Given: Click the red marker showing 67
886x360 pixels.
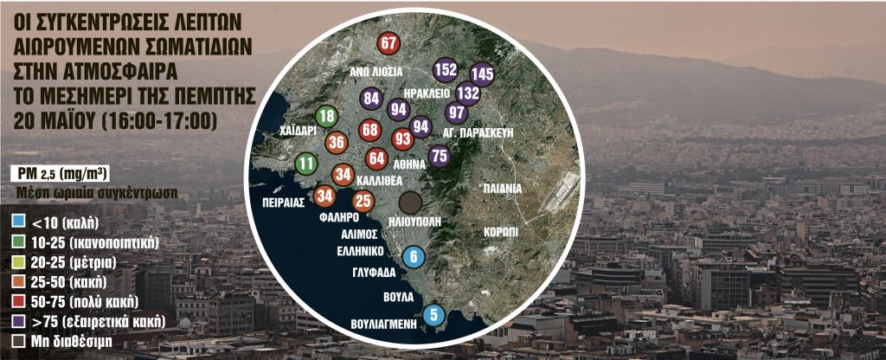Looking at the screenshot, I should pos(388,43).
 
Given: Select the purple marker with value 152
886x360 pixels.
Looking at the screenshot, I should pos(446,69).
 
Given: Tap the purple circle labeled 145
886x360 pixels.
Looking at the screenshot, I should pos(482,75).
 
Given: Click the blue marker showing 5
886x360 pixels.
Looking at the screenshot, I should pos(434,316).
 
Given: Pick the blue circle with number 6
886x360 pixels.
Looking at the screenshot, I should pos(414,256).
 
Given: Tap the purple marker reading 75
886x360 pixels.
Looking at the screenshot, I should pos(440,156).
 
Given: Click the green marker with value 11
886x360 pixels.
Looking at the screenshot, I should pos(306,162).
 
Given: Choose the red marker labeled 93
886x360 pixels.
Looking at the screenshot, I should pos(402,138).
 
